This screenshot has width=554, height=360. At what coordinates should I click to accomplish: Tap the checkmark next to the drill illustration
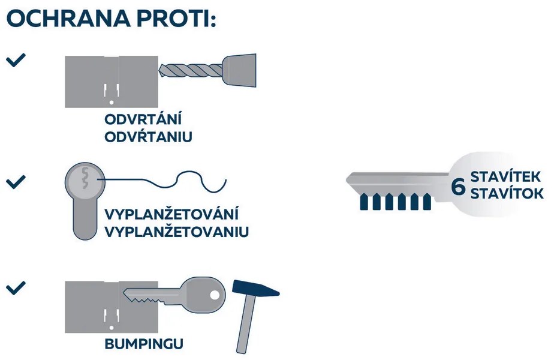click(16, 60)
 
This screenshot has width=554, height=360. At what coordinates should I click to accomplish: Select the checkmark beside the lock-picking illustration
click(16, 182)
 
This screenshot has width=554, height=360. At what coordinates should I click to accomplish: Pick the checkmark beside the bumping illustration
click(16, 287)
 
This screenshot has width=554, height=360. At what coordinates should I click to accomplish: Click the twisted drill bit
click(191, 71)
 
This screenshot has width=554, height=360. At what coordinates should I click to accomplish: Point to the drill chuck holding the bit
click(240, 70)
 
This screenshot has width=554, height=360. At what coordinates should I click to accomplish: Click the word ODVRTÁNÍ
click(143, 119)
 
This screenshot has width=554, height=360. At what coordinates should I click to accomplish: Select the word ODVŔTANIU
click(149, 136)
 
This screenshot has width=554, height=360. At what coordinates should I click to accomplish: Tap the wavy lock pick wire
click(162, 181)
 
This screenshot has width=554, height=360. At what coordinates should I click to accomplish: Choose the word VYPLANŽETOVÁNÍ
click(171, 214)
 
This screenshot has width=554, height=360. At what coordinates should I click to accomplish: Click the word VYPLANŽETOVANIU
click(177, 232)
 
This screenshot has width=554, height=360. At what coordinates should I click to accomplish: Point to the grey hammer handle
click(246, 323)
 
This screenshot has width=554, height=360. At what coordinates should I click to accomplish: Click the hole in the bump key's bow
click(215, 295)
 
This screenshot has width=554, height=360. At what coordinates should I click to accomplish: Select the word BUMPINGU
click(144, 344)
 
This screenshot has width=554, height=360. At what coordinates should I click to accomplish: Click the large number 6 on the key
click(458, 187)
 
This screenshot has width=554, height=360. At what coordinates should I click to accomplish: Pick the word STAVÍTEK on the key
click(505, 176)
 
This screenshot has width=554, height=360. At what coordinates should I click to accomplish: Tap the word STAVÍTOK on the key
click(507, 193)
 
